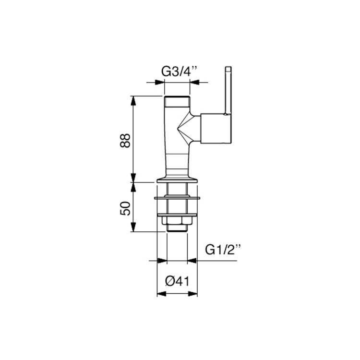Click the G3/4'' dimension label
coord(180,72)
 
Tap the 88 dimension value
coord(125,141)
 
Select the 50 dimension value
coord(125,208)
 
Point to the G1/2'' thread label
coord(223,250)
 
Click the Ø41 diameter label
coord(177,281)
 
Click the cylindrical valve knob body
coord(216,128)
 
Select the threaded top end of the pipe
coord(177,101)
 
